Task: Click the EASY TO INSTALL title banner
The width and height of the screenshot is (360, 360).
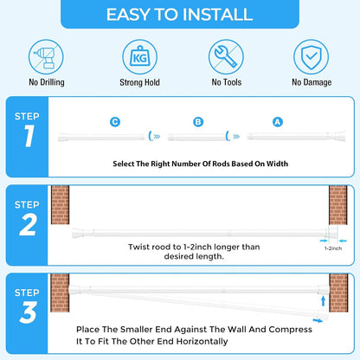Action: click(180, 14)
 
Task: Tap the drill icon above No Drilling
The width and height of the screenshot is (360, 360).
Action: click(46, 57)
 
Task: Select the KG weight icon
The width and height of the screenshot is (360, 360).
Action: click(140, 57)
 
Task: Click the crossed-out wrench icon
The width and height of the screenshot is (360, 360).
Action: click(226, 57)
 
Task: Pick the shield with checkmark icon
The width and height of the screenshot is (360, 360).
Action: click(311, 57)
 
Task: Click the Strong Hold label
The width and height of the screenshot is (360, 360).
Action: click(139, 82)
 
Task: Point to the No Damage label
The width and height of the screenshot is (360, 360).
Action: click(312, 82)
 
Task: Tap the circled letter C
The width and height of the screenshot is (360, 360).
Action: click(115, 122)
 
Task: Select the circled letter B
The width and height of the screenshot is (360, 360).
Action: click(198, 122)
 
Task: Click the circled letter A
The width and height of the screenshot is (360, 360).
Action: click(278, 122)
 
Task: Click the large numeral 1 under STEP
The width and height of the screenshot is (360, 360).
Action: click(29, 136)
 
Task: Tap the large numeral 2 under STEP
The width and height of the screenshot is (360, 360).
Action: click(29, 224)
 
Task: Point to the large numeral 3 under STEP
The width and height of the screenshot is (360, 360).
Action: click(29, 312)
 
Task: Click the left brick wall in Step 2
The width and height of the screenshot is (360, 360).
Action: click(61, 205)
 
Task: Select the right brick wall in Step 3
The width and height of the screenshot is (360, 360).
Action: click(338, 292)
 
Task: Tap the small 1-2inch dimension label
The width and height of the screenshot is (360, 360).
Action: click(333, 248)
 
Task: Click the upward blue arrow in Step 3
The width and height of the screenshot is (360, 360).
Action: click(324, 301)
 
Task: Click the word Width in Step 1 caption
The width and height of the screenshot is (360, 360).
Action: click(277, 164)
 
